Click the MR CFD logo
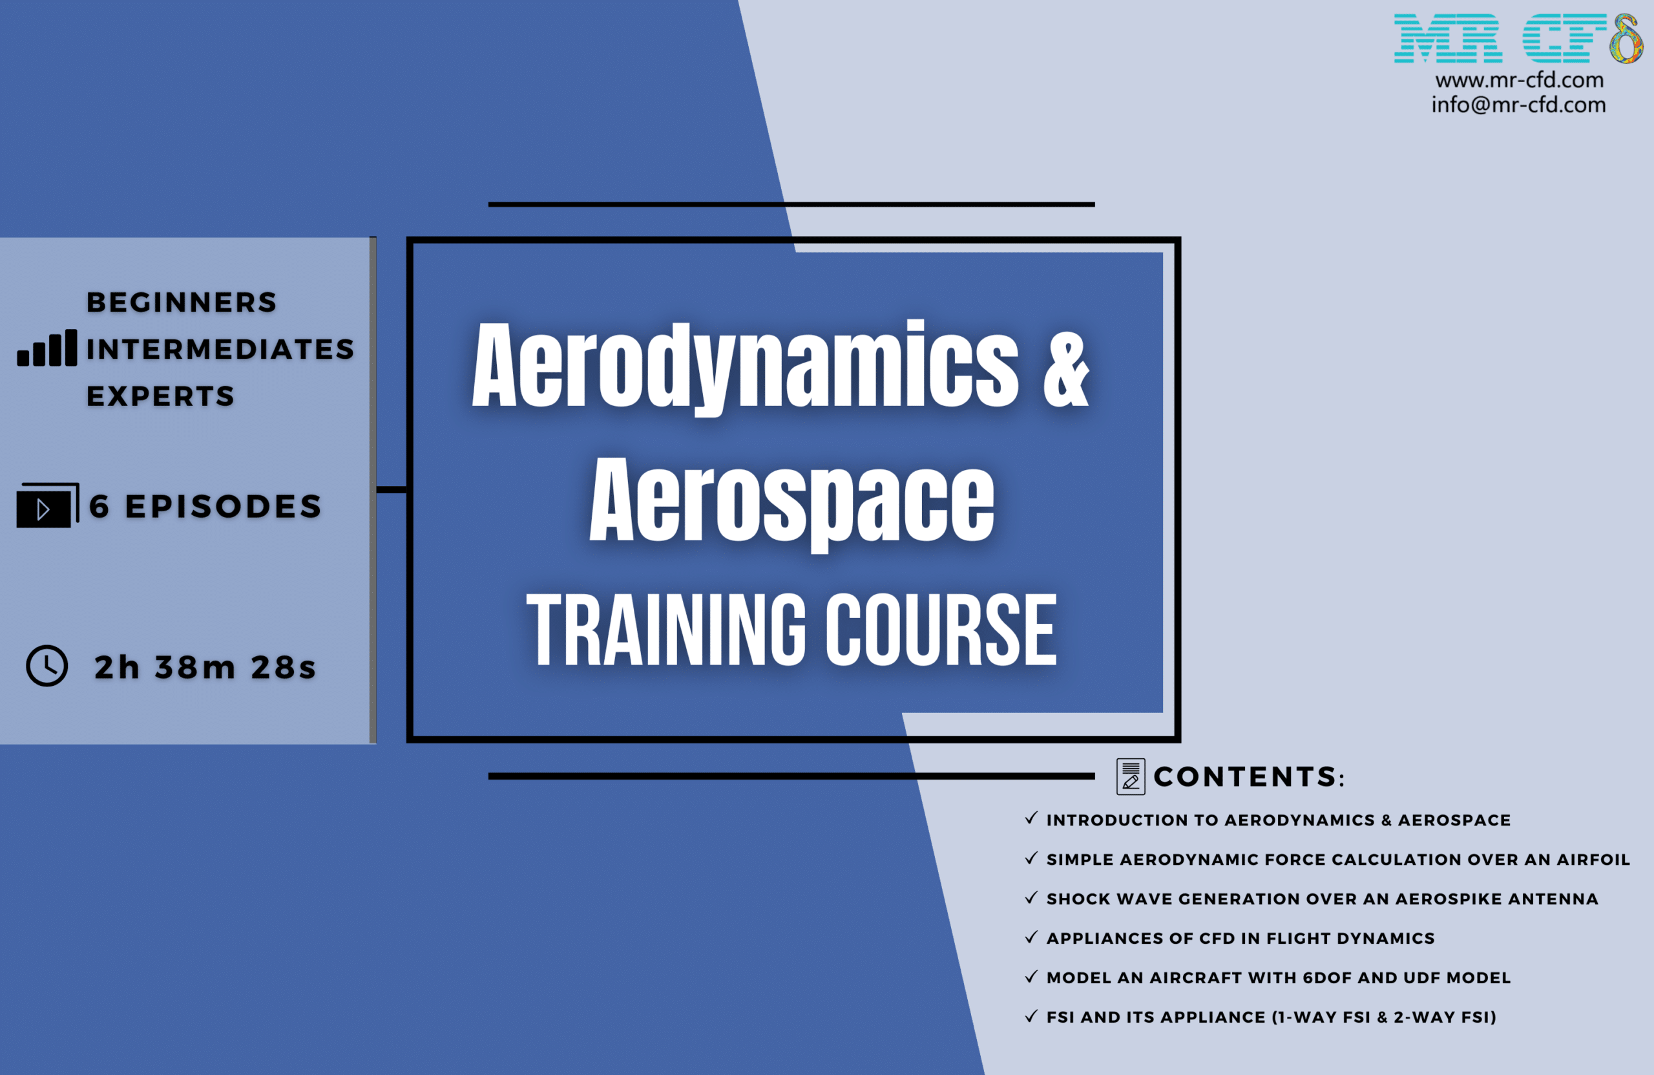pyautogui.click(x=1518, y=38)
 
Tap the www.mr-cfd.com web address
pyautogui.click(x=1519, y=80)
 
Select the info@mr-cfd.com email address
pyautogui.click(x=1518, y=104)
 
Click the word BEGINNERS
pyautogui.click(x=182, y=303)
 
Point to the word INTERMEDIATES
pyautogui.click(x=220, y=349)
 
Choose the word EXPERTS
pyautogui.click(x=160, y=396)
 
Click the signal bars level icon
pyautogui.click(x=47, y=348)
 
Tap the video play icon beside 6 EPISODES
pyautogui.click(x=47, y=506)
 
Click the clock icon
pyautogui.click(x=47, y=666)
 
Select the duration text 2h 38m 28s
pyautogui.click(x=205, y=668)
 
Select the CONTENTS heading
pyautogui.click(x=1249, y=777)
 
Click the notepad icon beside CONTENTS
pyautogui.click(x=1131, y=777)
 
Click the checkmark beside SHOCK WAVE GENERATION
pyautogui.click(x=1031, y=897)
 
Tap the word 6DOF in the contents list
pyautogui.click(x=1327, y=977)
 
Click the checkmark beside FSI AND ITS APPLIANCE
pyautogui.click(x=1031, y=1016)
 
